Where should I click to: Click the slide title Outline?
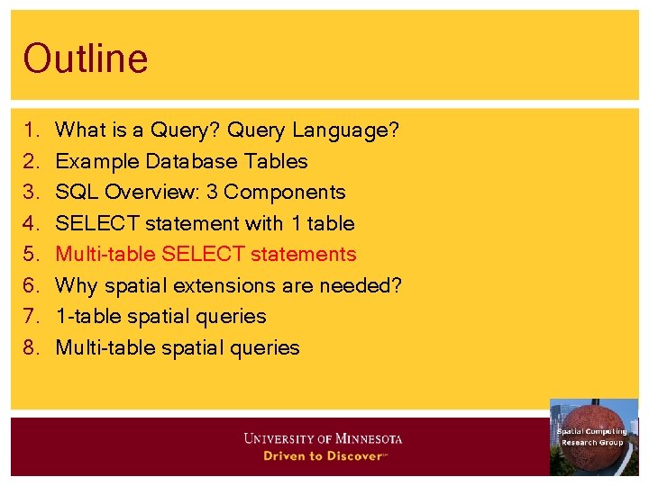pyautogui.click(x=86, y=59)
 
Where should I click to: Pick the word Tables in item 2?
pyautogui.click(x=278, y=162)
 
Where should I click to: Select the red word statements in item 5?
pyautogui.click(x=304, y=255)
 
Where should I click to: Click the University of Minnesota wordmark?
pyautogui.click(x=323, y=439)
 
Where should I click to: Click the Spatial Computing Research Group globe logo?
pyautogui.click(x=593, y=436)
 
